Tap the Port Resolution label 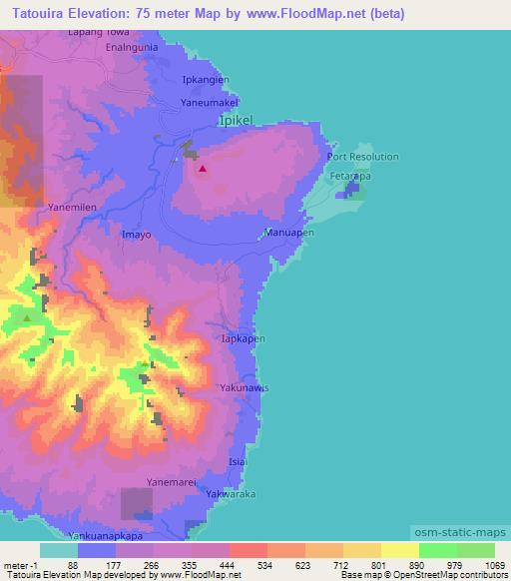click(362, 157)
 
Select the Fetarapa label click(350, 175)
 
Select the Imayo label click(136, 235)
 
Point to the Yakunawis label click(246, 387)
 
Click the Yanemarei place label click(169, 481)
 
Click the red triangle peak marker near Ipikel click(203, 169)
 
